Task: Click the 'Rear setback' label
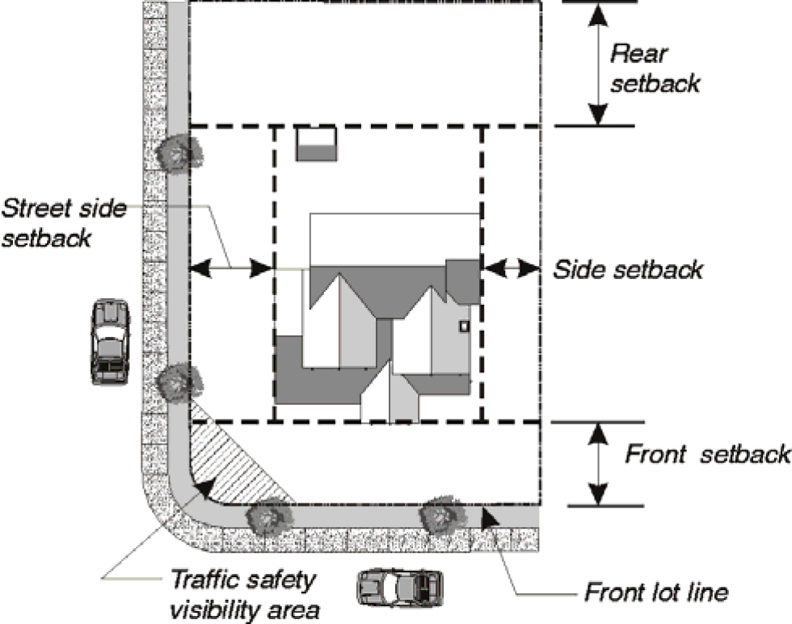pos(655,69)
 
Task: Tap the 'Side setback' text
pos(628,269)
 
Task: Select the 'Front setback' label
pos(708,453)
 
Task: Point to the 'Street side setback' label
pos(63,223)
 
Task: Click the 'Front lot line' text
pos(656,592)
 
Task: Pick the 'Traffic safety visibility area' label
pos(244,594)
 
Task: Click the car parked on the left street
pos(110,342)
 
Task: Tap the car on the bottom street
pos(400,588)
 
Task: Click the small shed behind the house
pos(316,144)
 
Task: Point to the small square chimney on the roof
pos(464,326)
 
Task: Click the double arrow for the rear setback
pos(599,65)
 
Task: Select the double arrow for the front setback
pos(599,464)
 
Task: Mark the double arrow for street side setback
pos(231,268)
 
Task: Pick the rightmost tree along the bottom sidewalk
pos(443,513)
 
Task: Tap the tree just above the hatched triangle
pos(179,382)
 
